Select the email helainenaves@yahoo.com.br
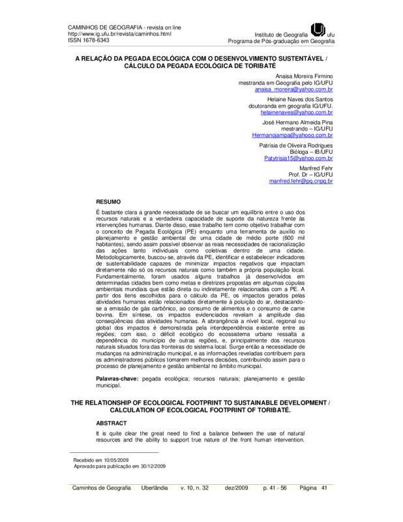(x=297, y=112)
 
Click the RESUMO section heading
(x=108, y=202)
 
